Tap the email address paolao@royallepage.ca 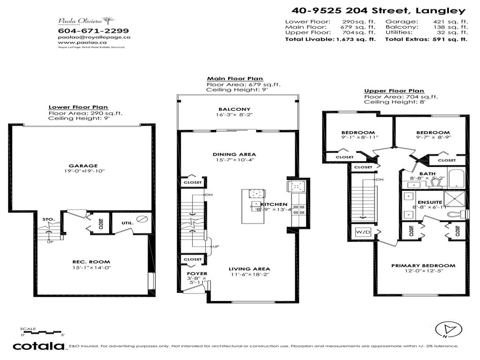[x=94, y=37]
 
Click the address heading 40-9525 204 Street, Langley [x=378, y=11]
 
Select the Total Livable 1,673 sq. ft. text [x=330, y=40]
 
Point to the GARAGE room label [x=83, y=165]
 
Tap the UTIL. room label [x=127, y=223]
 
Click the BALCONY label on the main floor [x=237, y=109]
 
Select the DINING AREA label [x=240, y=154]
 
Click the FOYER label [x=197, y=273]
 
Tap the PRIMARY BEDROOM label [x=423, y=265]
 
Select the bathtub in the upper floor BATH [x=456, y=179]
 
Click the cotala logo [x=38, y=346]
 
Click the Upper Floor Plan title [x=394, y=91]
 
